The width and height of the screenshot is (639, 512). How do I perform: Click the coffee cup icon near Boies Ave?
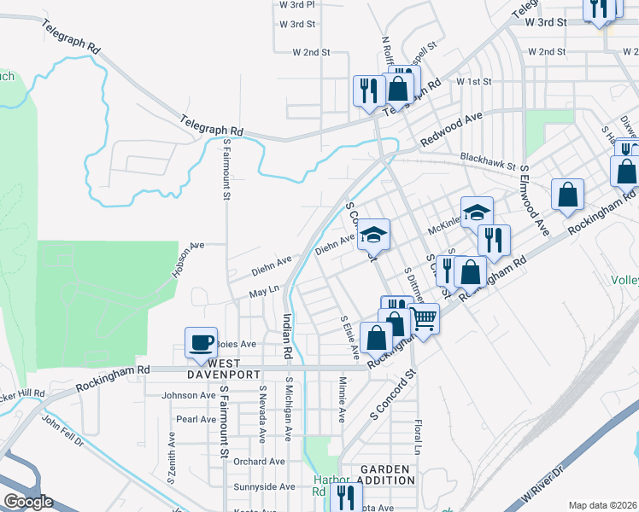(201, 343)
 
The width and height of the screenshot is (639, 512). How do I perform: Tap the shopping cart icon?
(425, 319)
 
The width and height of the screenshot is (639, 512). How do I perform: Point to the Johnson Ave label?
(189, 395)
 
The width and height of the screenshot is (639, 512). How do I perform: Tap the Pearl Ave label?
(196, 419)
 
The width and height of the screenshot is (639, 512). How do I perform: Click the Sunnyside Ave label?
(264, 486)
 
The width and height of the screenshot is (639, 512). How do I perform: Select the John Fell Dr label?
(62, 430)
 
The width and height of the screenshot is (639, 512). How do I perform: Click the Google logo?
(27, 502)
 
